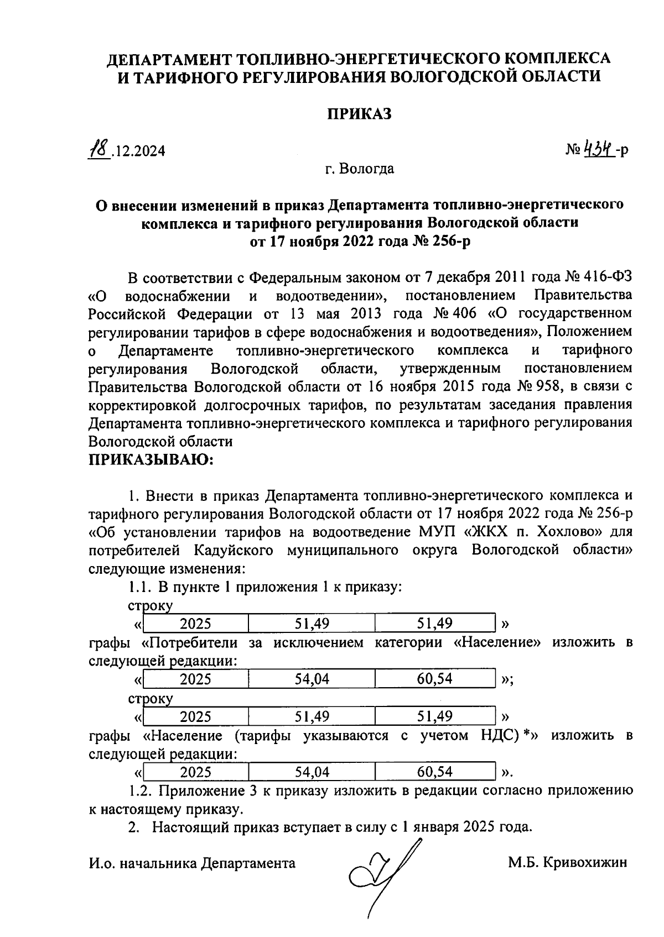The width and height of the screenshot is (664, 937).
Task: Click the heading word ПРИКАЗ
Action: (359, 113)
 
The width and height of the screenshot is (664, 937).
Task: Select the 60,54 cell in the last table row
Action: (434, 771)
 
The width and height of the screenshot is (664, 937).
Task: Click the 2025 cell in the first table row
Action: (196, 624)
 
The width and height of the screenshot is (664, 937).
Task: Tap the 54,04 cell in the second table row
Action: (312, 679)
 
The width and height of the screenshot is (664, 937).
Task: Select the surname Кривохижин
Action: (586, 862)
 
